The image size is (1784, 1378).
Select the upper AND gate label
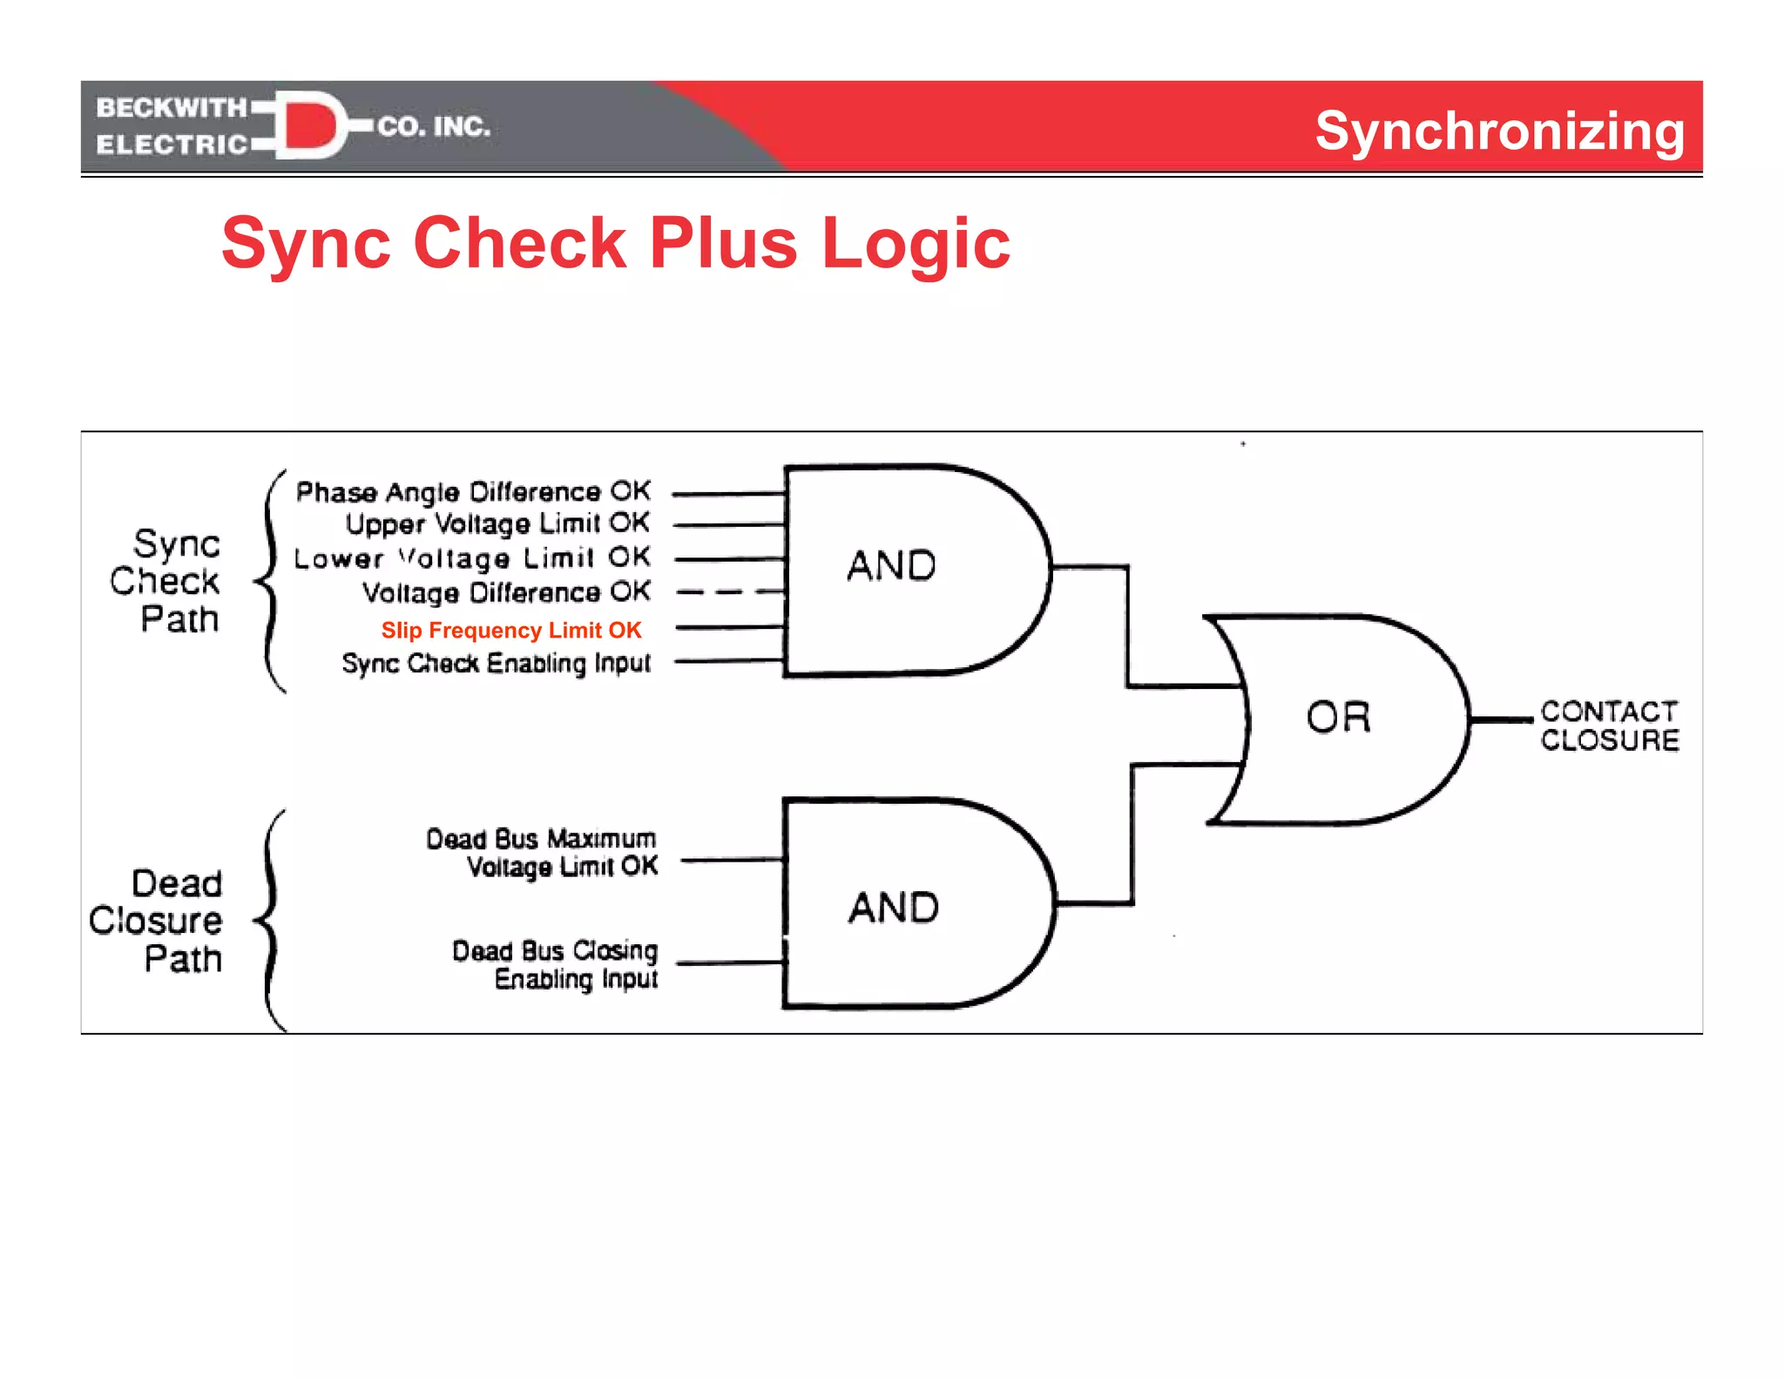tap(891, 566)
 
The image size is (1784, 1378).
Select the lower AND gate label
tap(894, 908)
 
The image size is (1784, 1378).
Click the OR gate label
tap(1339, 718)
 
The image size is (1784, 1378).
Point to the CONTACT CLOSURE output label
tap(1608, 726)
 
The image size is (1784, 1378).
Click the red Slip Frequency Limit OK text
tap(511, 630)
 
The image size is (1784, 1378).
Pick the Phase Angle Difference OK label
tap(473, 492)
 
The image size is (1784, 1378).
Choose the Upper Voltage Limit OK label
tap(497, 524)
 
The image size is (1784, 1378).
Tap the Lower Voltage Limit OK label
tap(472, 557)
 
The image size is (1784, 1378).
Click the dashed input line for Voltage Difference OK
tap(730, 592)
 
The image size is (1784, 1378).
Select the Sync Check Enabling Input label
tap(496, 663)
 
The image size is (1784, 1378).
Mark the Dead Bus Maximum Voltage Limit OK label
tap(542, 852)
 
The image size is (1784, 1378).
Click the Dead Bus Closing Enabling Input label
tap(555, 964)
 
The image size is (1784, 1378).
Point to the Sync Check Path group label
tap(166, 581)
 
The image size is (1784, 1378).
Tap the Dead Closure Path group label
tap(157, 921)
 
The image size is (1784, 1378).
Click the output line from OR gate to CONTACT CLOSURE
tap(1501, 719)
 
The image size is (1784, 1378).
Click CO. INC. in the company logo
tap(434, 127)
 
